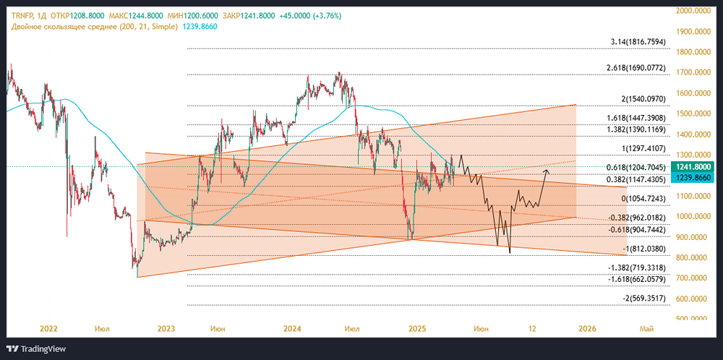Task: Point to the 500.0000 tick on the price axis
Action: pyautogui.click(x=690, y=319)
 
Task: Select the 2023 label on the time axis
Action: pyautogui.click(x=166, y=329)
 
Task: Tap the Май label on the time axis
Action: pyautogui.click(x=648, y=329)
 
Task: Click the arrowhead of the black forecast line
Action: pyautogui.click(x=547, y=171)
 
